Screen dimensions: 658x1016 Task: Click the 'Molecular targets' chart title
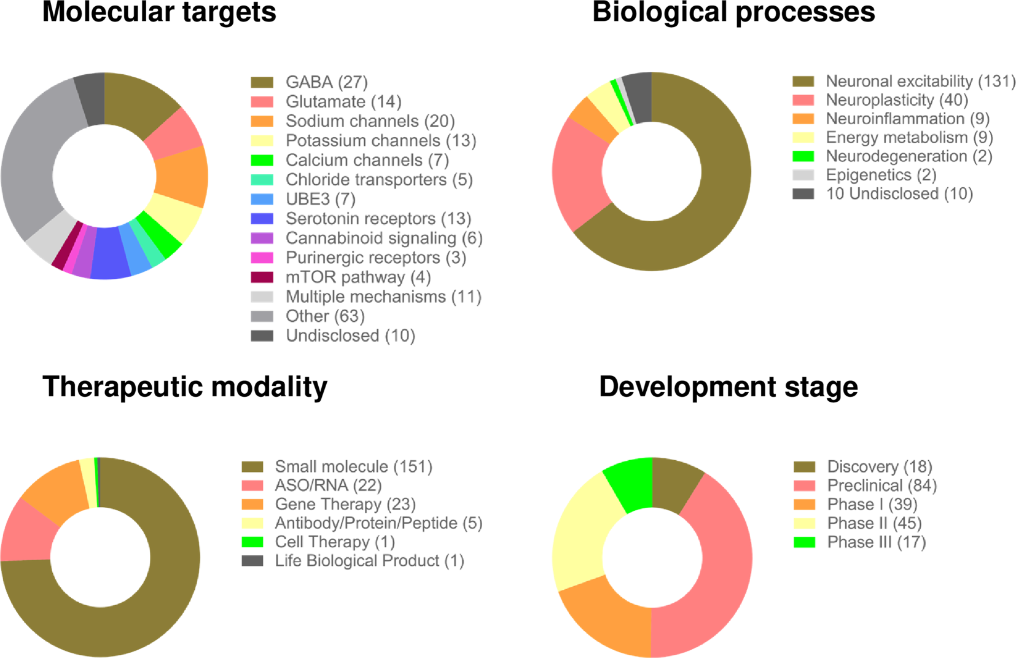158,12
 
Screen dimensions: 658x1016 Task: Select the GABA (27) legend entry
326,82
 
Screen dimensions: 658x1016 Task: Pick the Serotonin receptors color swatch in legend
262,219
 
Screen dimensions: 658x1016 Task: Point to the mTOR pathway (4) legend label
358,277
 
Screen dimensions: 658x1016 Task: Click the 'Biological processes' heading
733,12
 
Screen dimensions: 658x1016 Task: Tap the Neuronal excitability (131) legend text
920,81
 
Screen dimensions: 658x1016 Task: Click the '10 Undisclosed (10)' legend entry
899,194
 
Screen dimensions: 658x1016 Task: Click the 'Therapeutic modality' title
184,387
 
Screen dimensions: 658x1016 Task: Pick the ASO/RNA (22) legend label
328,485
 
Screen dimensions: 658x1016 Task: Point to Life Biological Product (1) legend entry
369,561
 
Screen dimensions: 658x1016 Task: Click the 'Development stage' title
728,387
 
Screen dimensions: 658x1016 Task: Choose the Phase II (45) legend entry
874,523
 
